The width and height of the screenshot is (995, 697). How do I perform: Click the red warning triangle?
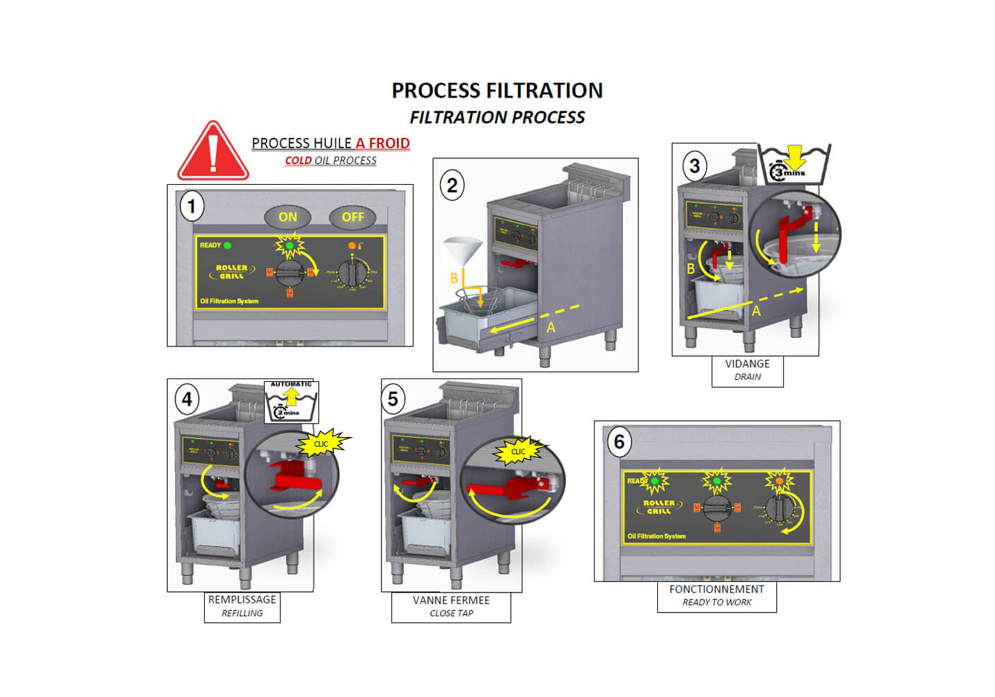(213, 153)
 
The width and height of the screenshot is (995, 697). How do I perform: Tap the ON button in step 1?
(288, 217)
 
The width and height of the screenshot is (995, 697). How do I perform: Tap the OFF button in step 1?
(352, 217)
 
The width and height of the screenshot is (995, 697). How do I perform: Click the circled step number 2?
(452, 185)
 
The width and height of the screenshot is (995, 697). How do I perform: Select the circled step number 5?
(393, 399)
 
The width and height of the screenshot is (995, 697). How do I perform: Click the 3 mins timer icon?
(794, 164)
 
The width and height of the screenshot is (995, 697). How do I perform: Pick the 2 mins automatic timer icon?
(291, 403)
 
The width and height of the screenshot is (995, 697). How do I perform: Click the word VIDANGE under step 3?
(747, 364)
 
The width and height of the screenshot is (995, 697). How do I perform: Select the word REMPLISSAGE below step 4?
(242, 599)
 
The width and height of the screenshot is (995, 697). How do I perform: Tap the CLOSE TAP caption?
(451, 613)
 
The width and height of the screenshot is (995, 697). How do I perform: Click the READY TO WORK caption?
(716, 602)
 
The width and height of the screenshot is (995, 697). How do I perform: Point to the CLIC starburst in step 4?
(322, 444)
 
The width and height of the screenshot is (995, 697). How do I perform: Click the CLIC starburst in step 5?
(519, 452)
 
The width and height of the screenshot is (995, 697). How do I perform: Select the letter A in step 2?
(551, 327)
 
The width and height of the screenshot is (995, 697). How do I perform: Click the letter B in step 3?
(691, 268)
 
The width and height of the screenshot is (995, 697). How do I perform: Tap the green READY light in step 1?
(228, 245)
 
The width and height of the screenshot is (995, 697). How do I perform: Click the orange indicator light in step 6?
(779, 480)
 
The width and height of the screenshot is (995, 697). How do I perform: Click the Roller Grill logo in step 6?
(658, 507)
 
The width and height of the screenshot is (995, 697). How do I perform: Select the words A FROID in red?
(382, 143)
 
